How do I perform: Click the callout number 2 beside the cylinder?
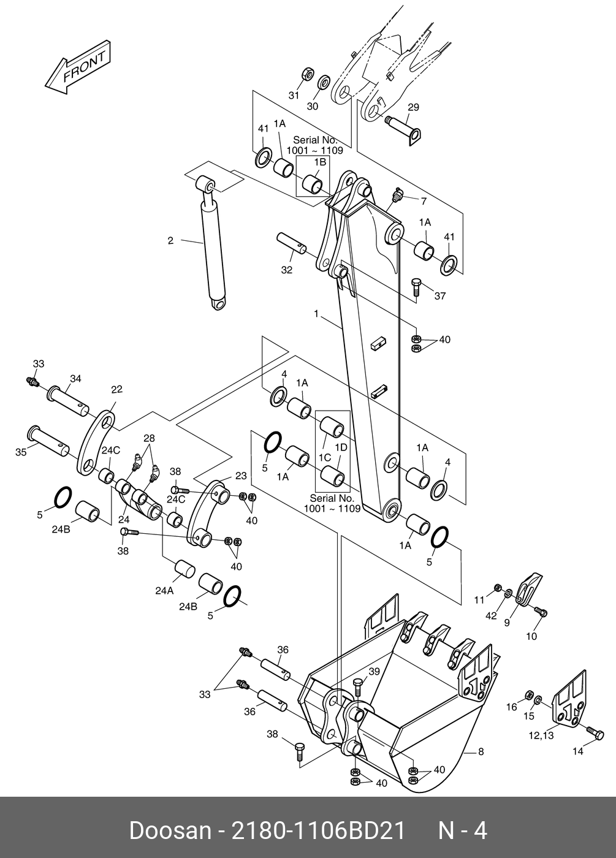click(170, 241)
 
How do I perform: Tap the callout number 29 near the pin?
click(413, 107)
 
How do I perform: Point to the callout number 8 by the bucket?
click(481, 751)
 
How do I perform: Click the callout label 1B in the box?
click(320, 162)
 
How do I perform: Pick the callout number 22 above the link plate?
click(116, 389)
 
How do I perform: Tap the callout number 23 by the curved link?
click(240, 476)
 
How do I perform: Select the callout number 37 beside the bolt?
click(439, 296)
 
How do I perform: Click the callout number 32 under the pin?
click(287, 270)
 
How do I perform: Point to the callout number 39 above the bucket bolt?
click(374, 672)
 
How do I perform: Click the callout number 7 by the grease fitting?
click(423, 200)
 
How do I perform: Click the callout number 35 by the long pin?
click(21, 452)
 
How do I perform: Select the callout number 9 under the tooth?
click(507, 623)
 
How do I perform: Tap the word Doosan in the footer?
click(167, 831)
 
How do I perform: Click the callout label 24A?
click(164, 591)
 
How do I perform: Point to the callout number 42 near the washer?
click(492, 615)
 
